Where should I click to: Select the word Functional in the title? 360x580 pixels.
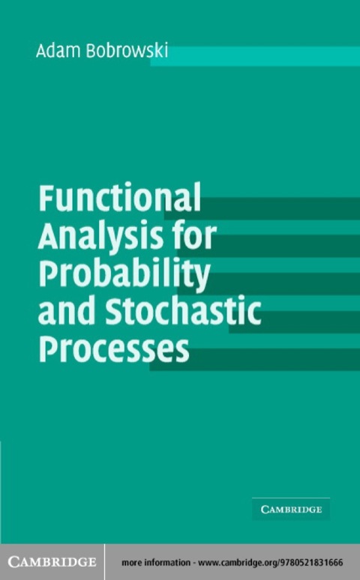pyautogui.click(x=119, y=199)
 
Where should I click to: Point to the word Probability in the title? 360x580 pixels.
pyautogui.click(x=124, y=275)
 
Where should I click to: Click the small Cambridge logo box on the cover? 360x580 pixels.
pyautogui.click(x=291, y=510)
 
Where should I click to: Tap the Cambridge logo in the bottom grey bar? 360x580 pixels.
pyautogui.click(x=52, y=562)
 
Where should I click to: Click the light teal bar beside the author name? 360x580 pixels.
pyautogui.click(x=255, y=56)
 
